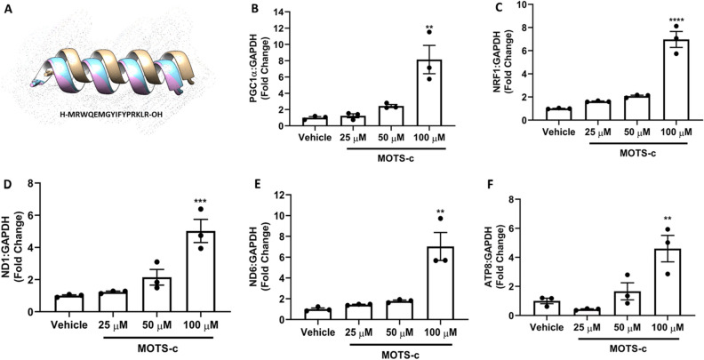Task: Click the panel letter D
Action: point(10,188)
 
